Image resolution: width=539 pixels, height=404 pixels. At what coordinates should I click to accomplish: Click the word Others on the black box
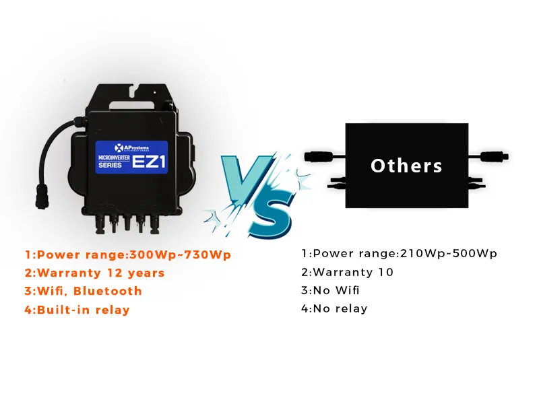click(x=406, y=166)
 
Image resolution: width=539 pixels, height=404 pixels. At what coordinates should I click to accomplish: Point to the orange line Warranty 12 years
click(x=95, y=273)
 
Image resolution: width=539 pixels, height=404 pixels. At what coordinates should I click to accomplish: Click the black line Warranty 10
click(x=347, y=272)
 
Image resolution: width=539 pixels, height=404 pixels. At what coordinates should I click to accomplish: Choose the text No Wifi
click(x=331, y=290)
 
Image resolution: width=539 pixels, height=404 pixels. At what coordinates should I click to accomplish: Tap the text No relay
click(x=335, y=308)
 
